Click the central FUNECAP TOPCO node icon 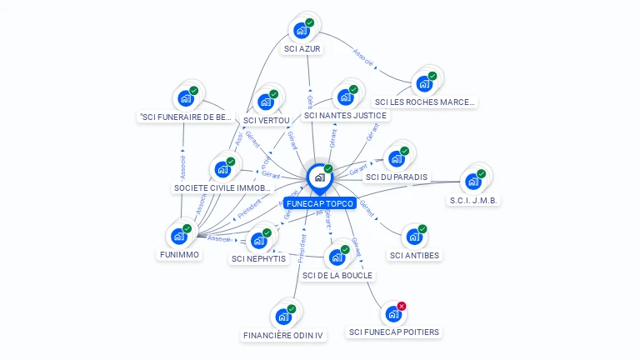click(319, 177)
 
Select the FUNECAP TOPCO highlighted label click(320, 203)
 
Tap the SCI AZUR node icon click(302, 31)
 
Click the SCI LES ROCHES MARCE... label click(425, 102)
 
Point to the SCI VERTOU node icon click(267, 102)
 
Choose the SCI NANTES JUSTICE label click(351, 115)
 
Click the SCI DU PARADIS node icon click(396, 158)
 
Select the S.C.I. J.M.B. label click(473, 201)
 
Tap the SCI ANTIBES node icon click(414, 237)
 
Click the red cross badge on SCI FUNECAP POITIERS click(402, 307)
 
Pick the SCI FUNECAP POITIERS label click(394, 332)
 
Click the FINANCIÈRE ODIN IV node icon click(283, 317)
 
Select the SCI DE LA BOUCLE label click(337, 275)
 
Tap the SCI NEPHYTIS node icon click(258, 241)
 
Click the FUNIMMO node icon click(179, 236)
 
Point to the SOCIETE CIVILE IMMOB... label click(222, 188)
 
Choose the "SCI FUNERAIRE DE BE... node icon click(186, 98)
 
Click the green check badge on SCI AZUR click(310, 22)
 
